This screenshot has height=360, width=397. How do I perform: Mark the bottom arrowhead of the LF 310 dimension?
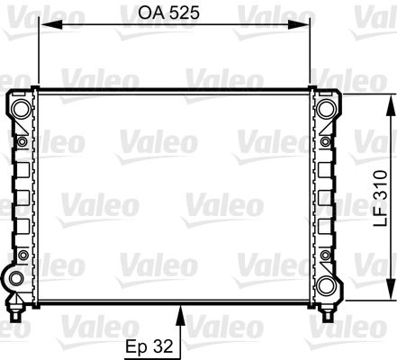(x=391, y=295)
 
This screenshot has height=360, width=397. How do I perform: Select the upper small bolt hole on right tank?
(x=325, y=141)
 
